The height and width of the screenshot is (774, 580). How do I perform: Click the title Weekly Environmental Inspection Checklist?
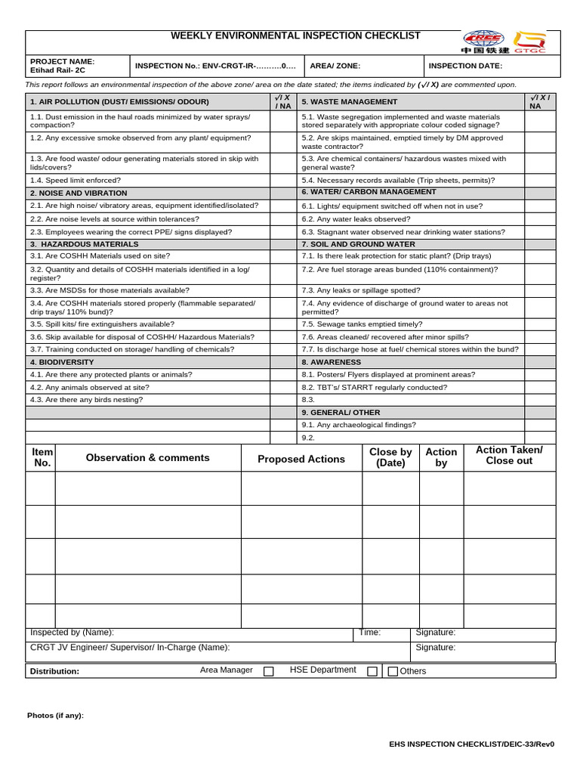click(x=295, y=36)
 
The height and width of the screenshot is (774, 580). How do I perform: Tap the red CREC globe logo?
click(x=483, y=39)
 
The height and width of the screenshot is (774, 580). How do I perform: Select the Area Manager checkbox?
click(x=268, y=671)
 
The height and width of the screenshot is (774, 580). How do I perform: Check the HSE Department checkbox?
click(x=372, y=671)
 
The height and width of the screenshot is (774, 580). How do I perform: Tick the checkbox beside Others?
click(x=393, y=671)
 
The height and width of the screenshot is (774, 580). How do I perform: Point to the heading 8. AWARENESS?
click(x=332, y=362)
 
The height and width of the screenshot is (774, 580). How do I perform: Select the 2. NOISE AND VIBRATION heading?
click(x=79, y=193)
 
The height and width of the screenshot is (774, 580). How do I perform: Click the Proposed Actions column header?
click(x=301, y=459)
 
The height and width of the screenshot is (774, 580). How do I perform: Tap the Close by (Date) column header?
click(x=390, y=457)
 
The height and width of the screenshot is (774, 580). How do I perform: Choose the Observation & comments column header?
click(x=148, y=458)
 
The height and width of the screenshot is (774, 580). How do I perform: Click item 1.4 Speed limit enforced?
click(x=76, y=181)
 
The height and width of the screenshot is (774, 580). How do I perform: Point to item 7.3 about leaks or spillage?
click(x=361, y=290)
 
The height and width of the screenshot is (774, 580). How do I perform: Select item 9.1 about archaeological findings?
click(x=359, y=425)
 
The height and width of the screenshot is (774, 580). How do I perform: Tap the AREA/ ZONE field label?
click(x=335, y=66)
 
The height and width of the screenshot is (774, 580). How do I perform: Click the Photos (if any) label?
click(x=55, y=715)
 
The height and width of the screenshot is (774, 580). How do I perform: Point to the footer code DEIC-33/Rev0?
click(x=471, y=744)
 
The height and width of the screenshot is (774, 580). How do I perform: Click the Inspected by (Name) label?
click(x=72, y=633)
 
